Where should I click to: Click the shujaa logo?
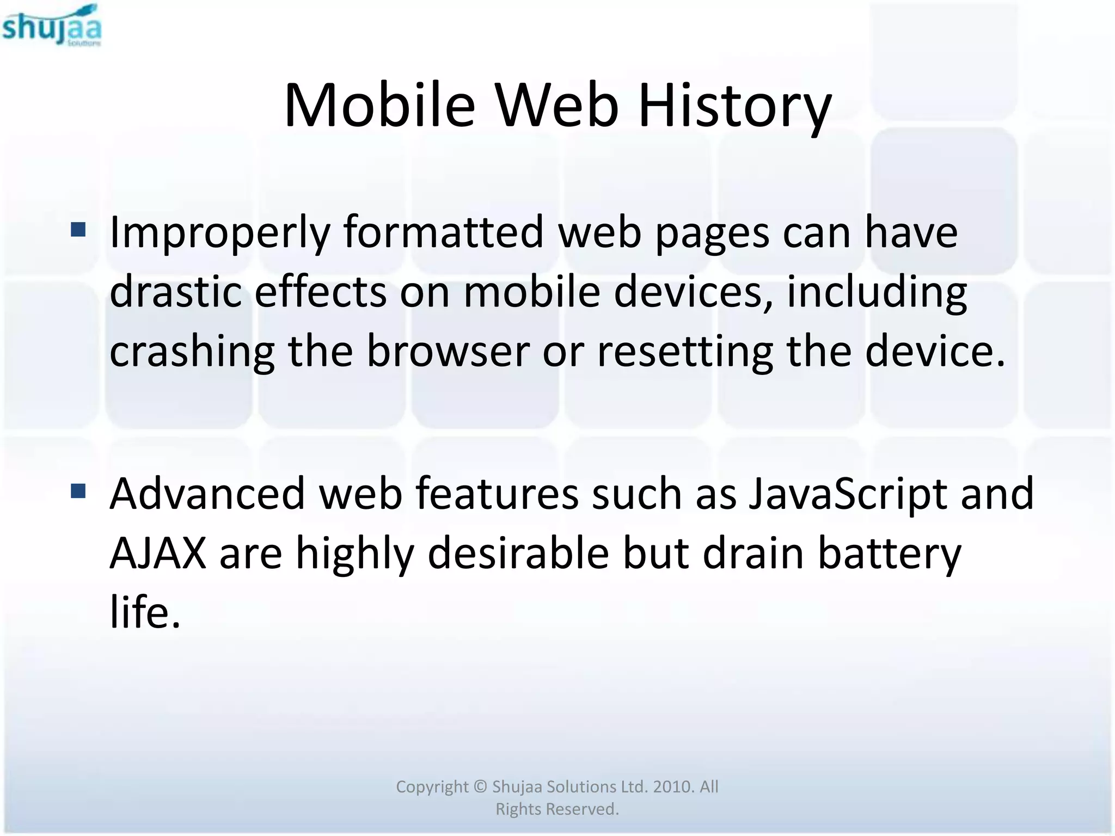tap(52, 26)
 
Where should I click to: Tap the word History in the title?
tap(734, 106)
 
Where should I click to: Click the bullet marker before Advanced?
tap(78, 491)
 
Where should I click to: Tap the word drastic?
tap(175, 291)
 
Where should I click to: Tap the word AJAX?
tap(158, 553)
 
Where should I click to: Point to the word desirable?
tap(518, 553)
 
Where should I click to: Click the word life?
tap(144, 612)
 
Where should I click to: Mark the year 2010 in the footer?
tap(673, 786)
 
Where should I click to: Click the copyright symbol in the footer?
tap(480, 787)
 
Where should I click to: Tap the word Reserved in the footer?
tap(582, 809)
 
